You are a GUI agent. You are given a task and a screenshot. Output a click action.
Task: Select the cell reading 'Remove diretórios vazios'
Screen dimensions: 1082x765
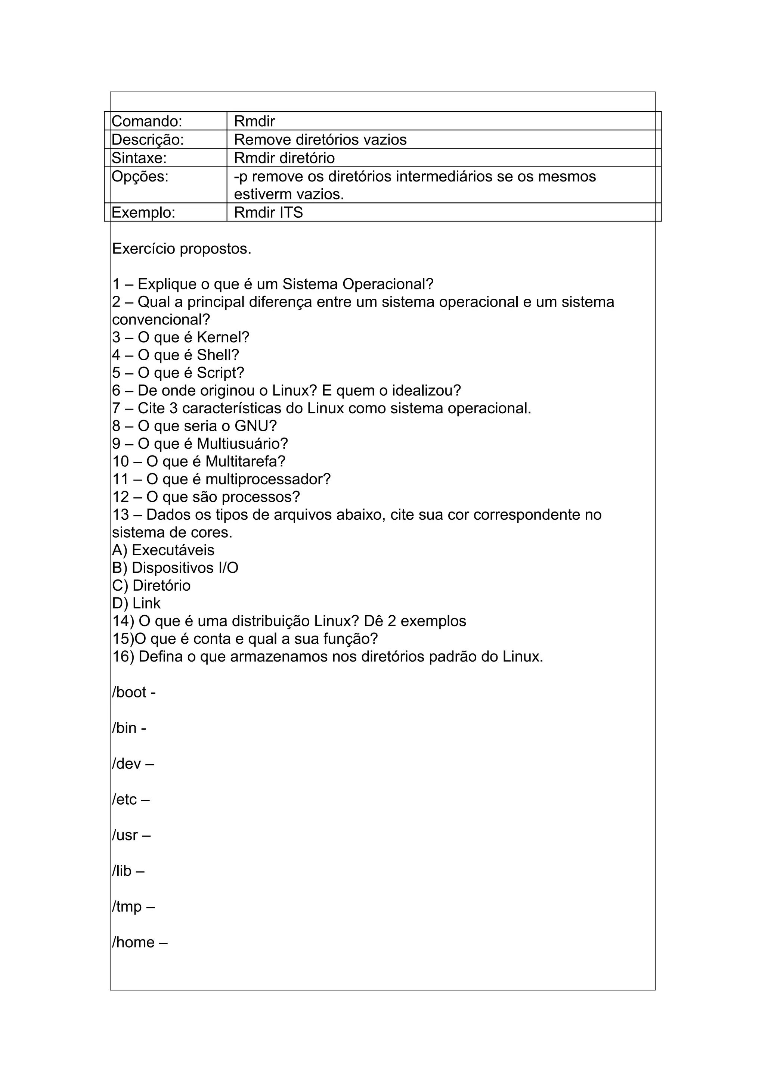(x=320, y=140)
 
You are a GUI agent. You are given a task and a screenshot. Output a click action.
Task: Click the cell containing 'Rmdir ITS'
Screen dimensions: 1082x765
(x=268, y=212)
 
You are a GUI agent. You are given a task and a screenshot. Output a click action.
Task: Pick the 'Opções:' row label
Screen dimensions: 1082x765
(x=140, y=176)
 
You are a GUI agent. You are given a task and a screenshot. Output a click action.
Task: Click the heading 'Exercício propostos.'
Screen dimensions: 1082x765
(x=182, y=249)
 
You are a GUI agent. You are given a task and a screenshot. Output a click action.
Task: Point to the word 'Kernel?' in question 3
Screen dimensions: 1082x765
(x=223, y=338)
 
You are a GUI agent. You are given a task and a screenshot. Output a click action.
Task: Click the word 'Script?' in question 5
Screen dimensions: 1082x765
(x=220, y=373)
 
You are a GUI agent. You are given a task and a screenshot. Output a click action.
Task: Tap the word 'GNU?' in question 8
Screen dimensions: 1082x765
(x=255, y=426)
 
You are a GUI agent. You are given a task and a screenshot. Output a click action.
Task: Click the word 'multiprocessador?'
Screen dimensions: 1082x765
(x=268, y=479)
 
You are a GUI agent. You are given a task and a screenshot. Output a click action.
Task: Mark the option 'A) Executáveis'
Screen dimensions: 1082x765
(x=163, y=550)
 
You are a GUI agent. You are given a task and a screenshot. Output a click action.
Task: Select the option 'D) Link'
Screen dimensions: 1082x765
(x=136, y=603)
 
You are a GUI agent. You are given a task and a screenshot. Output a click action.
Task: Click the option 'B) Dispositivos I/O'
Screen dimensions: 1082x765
(x=175, y=568)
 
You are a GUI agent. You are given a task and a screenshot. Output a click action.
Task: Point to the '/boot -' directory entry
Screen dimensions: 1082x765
(x=134, y=692)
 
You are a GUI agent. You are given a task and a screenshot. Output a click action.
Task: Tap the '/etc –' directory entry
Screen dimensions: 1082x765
(x=131, y=799)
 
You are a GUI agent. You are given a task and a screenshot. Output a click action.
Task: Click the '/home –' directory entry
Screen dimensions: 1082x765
(x=140, y=942)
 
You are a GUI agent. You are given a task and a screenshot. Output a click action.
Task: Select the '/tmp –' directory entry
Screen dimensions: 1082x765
(x=133, y=906)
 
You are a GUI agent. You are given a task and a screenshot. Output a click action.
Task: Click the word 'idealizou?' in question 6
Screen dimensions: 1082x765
(x=426, y=391)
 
